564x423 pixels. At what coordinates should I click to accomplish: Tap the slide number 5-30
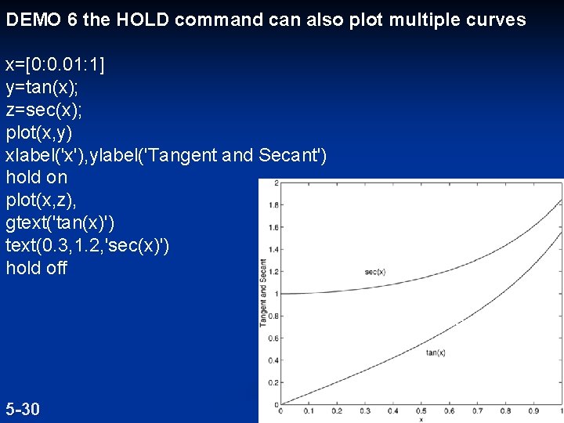click(23, 409)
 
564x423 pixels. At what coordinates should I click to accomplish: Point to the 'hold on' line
click(36, 177)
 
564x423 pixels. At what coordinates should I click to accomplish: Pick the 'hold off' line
click(36, 268)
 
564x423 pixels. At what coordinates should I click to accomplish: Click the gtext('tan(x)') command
click(60, 222)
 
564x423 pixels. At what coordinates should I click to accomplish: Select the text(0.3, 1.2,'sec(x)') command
click(87, 245)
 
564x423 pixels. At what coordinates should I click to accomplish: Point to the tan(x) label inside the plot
click(436, 353)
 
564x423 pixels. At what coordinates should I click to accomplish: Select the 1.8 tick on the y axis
click(273, 205)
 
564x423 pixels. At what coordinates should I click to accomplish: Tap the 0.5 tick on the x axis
click(421, 410)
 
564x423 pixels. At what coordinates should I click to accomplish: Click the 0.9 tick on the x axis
click(533, 410)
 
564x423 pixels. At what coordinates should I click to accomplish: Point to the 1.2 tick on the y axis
click(273, 272)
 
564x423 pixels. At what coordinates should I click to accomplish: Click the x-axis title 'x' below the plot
click(421, 418)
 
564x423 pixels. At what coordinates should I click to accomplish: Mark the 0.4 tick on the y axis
click(273, 360)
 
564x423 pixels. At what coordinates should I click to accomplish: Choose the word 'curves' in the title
click(496, 20)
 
